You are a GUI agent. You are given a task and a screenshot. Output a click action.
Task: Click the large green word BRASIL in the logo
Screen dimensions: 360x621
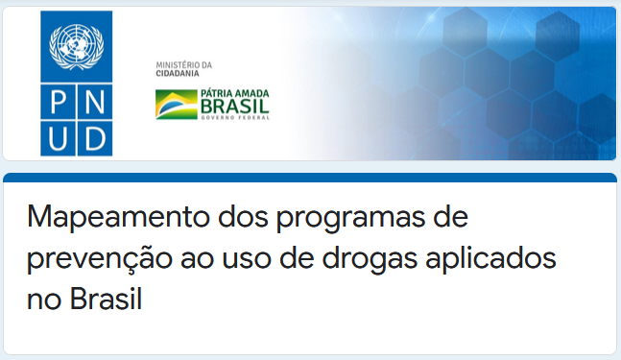click(x=235, y=106)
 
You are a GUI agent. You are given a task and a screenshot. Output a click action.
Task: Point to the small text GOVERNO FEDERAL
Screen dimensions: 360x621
click(x=235, y=117)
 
